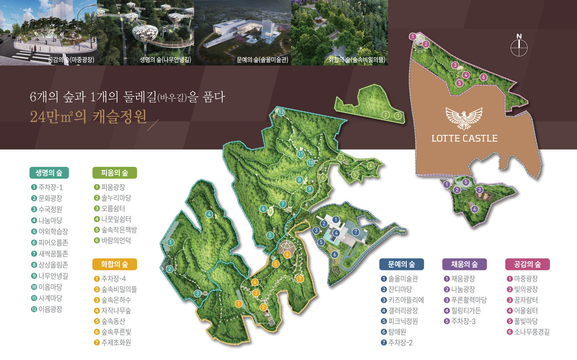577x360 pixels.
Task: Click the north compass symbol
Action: (519, 46)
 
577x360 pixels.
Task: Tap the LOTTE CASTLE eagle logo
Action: (464, 118)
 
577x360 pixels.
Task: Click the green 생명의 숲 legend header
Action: (49, 173)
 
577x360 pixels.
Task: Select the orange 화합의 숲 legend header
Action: (114, 264)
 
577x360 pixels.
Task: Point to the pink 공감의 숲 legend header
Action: (527, 264)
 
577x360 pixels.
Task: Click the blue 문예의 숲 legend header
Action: (401, 264)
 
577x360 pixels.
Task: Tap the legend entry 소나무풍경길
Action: (528, 333)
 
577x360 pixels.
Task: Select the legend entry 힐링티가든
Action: (463, 311)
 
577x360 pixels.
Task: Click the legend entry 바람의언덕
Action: (112, 241)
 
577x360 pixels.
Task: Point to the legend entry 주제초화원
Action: (112, 342)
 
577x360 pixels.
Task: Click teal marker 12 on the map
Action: (281, 112)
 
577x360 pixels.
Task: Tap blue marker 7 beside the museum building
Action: (356, 232)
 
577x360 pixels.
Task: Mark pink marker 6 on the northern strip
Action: (483, 77)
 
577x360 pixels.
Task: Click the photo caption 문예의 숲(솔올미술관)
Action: (262, 59)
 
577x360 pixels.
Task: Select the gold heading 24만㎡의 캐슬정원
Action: (88, 117)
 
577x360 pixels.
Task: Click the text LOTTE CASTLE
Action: (464, 138)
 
